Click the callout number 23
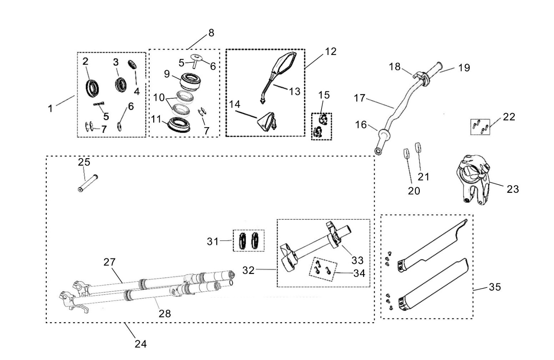pos(513,189)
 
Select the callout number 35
pos(495,287)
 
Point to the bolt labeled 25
pos(88,182)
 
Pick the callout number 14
pos(235,104)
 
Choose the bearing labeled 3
pos(121,85)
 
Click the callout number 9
pos(167,74)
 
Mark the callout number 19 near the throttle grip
pos(464,67)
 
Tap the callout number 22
pos(509,117)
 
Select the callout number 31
pos(212,241)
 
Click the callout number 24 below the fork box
pos(141,344)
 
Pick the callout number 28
pos(165,313)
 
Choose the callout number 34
pos(359,273)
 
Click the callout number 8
pos(211,33)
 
